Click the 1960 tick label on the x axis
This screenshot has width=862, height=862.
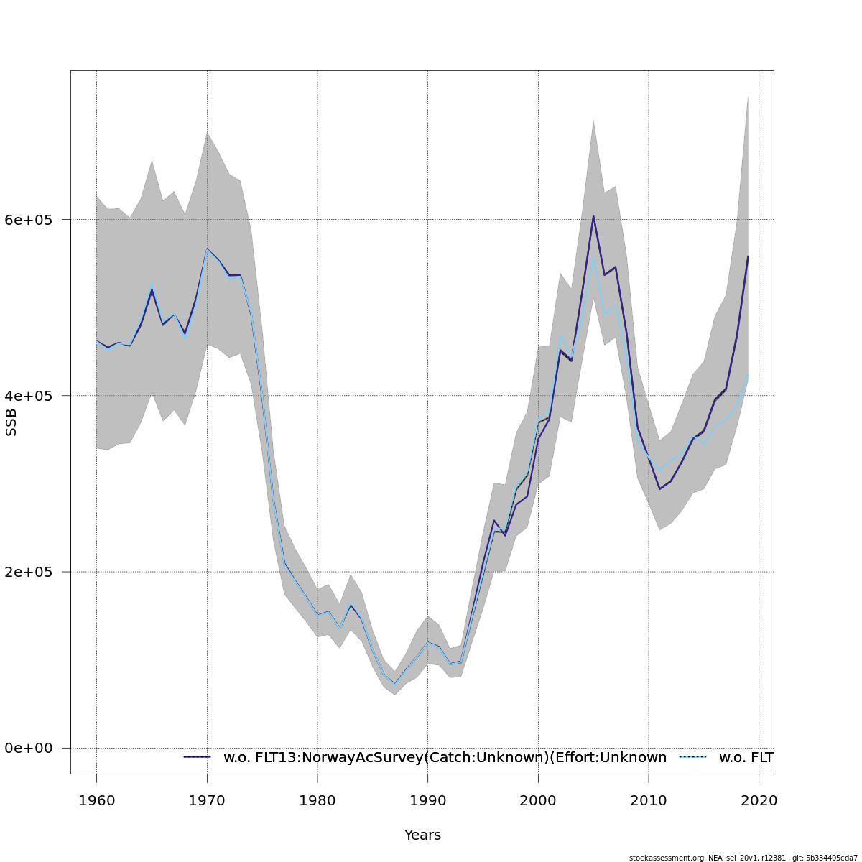[x=96, y=800]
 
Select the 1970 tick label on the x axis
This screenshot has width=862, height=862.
[x=207, y=800]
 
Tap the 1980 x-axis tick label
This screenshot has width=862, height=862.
[x=318, y=800]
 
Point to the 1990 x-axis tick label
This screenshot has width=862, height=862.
[x=427, y=800]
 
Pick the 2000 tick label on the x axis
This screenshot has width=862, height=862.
[x=538, y=800]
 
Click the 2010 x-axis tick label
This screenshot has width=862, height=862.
[x=649, y=800]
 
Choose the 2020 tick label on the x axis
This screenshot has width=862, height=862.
[x=759, y=800]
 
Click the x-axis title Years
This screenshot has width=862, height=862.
[x=422, y=835]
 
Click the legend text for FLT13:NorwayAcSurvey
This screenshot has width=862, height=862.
[x=445, y=758]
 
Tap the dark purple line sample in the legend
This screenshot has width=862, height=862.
[x=197, y=757]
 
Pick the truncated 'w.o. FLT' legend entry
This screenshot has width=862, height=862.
[x=746, y=758]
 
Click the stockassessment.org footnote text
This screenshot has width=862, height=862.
[x=743, y=858]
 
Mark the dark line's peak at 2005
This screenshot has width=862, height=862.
[x=593, y=215]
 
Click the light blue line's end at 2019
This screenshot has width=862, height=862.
[x=748, y=374]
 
